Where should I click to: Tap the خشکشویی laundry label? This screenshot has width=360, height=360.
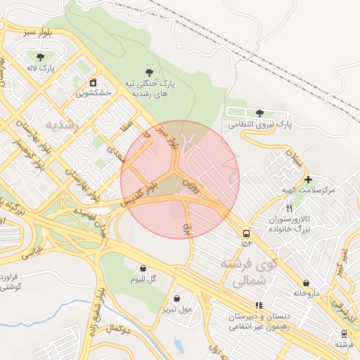pyautogui.click(x=93, y=91)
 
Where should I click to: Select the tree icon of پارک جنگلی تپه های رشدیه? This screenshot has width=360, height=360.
pyautogui.click(x=148, y=72)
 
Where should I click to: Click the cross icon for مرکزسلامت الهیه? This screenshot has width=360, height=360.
pyautogui.click(x=308, y=179)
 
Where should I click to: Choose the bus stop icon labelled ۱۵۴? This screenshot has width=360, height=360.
pyautogui.click(x=246, y=233)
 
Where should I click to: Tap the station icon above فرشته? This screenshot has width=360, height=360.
pyautogui.click(x=344, y=333)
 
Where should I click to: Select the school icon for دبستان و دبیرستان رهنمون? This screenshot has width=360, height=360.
pyautogui.click(x=259, y=305)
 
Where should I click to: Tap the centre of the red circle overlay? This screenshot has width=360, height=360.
pyautogui.click(x=180, y=180)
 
